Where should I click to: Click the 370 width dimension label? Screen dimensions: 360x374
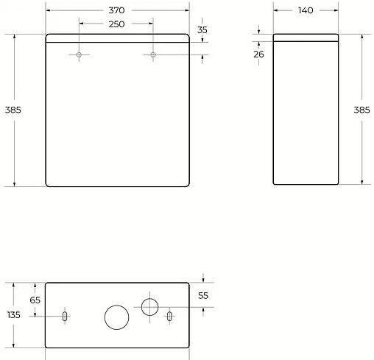[x=116, y=10]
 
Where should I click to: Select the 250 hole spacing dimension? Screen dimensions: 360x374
[x=116, y=24]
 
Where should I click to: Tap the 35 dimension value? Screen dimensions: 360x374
[x=203, y=29]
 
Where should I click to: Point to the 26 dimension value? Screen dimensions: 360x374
[x=258, y=54]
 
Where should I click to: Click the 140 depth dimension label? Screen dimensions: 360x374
[x=306, y=10]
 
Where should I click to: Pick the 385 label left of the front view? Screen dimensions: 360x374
[x=13, y=110]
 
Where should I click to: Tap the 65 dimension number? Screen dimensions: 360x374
[x=35, y=300]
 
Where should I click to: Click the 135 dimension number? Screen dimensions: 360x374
[x=13, y=315]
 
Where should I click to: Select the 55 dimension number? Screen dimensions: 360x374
[x=203, y=294]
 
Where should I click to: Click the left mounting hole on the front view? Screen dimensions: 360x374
[x=80, y=54]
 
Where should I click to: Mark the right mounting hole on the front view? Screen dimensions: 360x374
[x=153, y=54]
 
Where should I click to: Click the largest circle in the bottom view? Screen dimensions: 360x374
[x=116, y=317]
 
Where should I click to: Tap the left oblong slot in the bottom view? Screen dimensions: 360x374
[x=65, y=316]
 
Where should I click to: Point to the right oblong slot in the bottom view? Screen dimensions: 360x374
[x=170, y=316]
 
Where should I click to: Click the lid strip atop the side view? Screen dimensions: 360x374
[x=306, y=38]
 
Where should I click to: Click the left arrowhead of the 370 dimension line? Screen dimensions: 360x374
[x=48, y=10]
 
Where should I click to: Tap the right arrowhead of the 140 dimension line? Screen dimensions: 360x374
[x=336, y=10]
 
